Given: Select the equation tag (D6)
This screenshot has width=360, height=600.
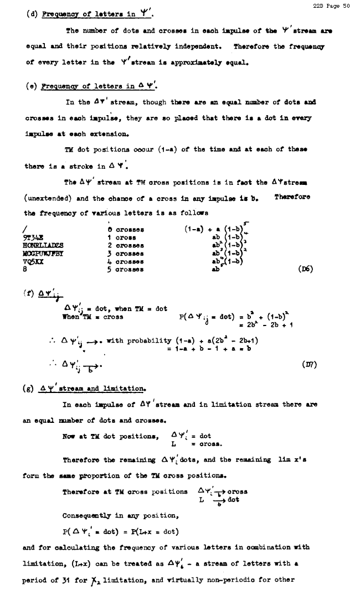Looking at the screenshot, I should tap(305, 270).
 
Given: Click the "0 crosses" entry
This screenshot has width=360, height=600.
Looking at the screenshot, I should tap(126, 229).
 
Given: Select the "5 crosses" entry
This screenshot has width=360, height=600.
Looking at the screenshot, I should tap(126, 270).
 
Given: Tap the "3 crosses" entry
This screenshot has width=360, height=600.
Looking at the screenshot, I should tap(126, 254).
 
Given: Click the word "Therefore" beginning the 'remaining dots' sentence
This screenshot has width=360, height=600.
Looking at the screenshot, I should tap(81, 459).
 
